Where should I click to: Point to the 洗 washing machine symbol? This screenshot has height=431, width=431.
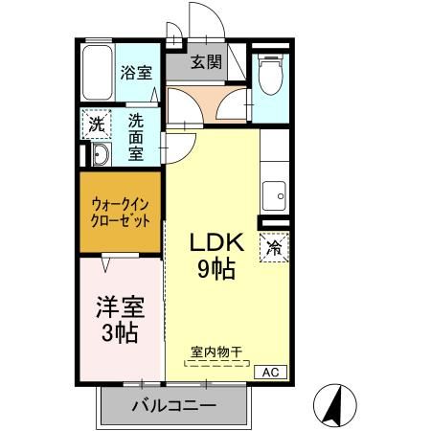(96, 124)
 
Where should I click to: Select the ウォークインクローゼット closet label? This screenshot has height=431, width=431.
(120, 211)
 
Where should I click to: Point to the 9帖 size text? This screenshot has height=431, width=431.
(216, 270)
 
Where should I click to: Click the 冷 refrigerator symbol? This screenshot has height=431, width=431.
(273, 247)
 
